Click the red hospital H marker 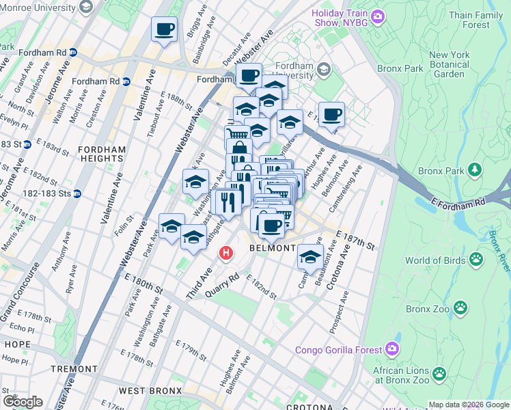tap(227, 254)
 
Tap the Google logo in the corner tap(23, 402)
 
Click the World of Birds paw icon tap(476, 260)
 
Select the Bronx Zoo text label tap(428, 309)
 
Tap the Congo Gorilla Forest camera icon tap(391, 350)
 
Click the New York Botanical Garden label tap(449, 65)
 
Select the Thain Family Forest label tap(480, 20)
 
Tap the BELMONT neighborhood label tap(273, 248)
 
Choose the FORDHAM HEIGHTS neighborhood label tap(101, 154)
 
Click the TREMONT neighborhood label tap(74, 369)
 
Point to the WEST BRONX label tap(150, 391)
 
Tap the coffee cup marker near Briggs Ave tap(164, 29)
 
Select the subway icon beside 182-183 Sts tap(77, 193)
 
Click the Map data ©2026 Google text tap(469, 405)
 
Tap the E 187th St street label tap(356, 240)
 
